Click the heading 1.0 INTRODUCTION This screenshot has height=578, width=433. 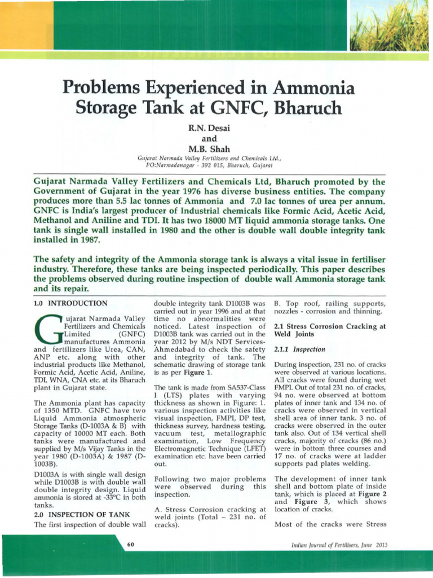coord(66,304)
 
